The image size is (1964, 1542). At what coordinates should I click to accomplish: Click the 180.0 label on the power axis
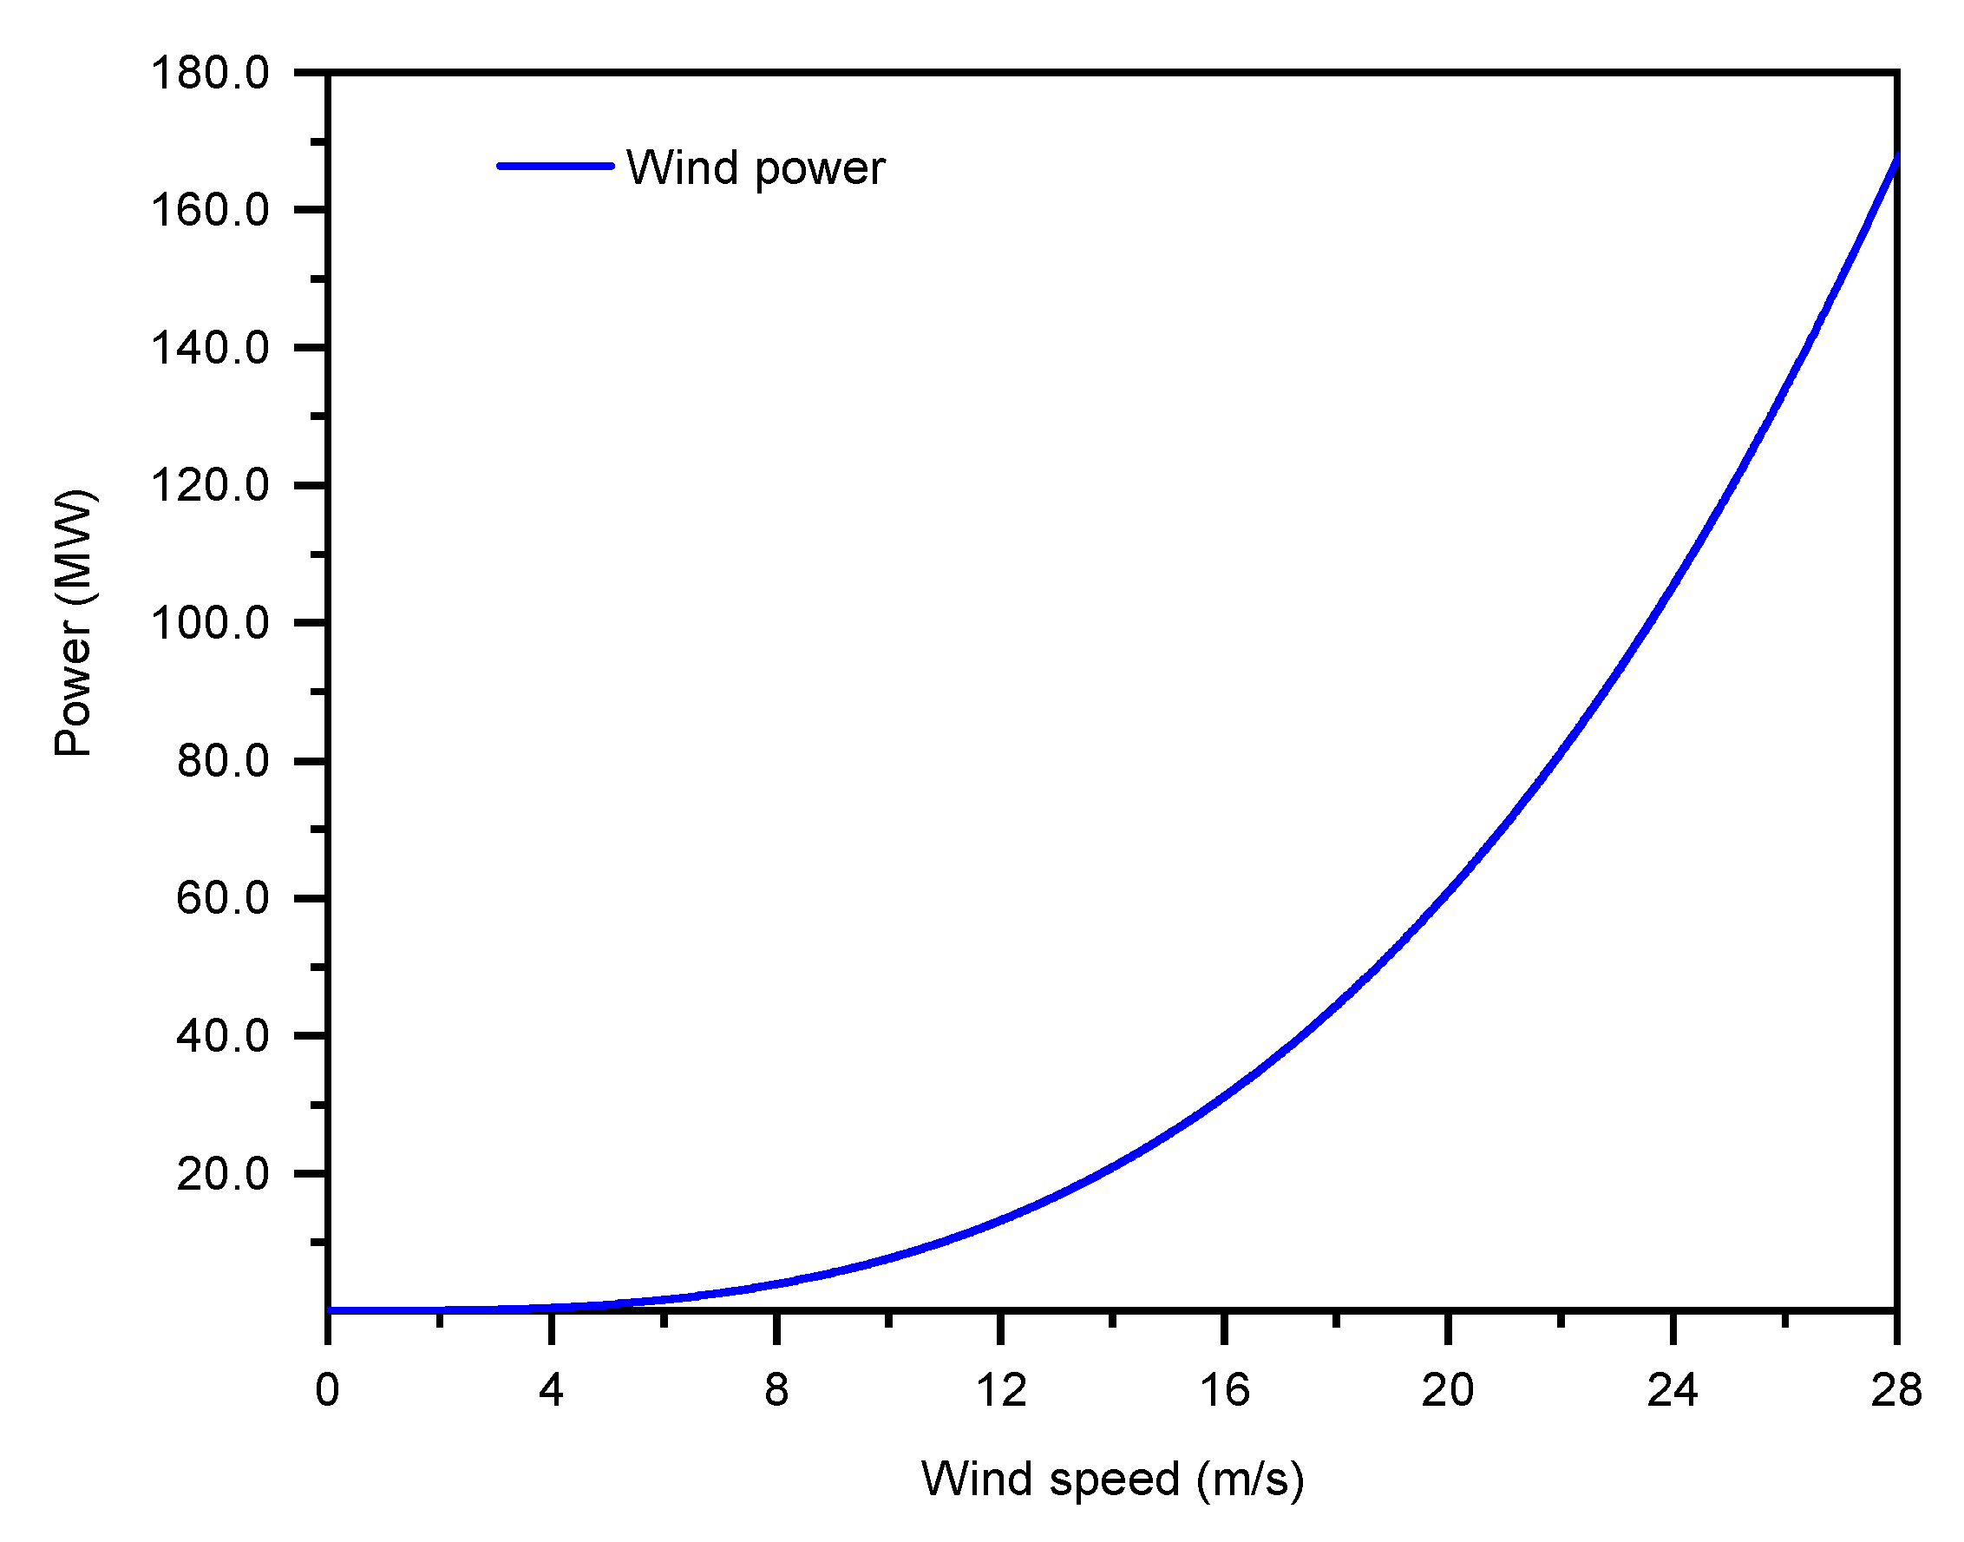click(x=209, y=73)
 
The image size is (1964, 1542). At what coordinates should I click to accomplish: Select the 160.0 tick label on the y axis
click(x=209, y=210)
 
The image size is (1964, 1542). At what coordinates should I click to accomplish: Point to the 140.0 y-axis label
click(x=209, y=349)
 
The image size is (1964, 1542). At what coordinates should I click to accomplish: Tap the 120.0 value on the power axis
click(x=209, y=486)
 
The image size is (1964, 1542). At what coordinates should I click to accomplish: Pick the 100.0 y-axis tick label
click(x=209, y=624)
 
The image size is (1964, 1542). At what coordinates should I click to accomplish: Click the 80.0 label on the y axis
click(x=222, y=761)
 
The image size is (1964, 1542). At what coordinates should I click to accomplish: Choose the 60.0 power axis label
click(x=222, y=898)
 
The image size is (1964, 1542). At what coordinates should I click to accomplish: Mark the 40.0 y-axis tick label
click(x=222, y=1035)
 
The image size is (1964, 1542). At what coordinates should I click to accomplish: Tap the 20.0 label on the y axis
click(x=222, y=1174)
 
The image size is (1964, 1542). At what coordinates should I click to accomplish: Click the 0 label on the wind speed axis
click(x=328, y=1390)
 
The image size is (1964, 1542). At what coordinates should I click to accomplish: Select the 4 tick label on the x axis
click(x=552, y=1390)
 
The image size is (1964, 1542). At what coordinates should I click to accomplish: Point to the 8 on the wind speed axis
click(x=776, y=1390)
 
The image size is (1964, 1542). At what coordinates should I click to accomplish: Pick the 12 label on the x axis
click(x=1001, y=1390)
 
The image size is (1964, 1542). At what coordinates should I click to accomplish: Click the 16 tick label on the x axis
click(x=1225, y=1390)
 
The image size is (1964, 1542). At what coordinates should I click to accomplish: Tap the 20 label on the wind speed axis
click(x=1448, y=1390)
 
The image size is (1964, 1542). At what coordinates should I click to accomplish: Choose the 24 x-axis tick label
click(x=1673, y=1390)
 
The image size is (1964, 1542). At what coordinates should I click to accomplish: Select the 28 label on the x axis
click(x=1896, y=1390)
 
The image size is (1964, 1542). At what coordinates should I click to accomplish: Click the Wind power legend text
click(x=756, y=168)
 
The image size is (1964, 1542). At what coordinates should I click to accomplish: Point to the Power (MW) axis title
click(x=74, y=623)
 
